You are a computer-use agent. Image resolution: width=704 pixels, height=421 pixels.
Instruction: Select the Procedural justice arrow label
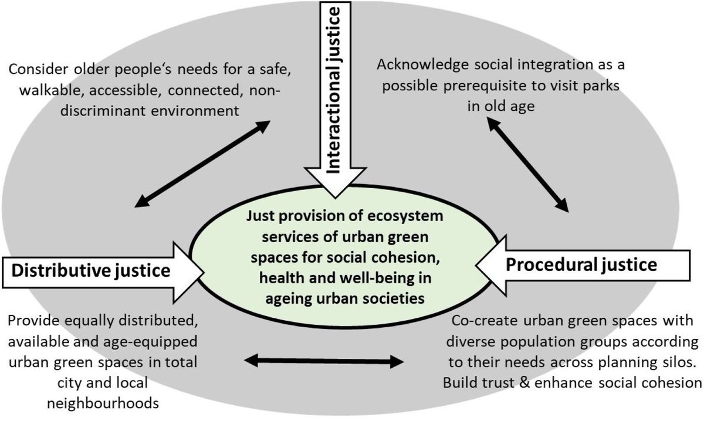581,265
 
